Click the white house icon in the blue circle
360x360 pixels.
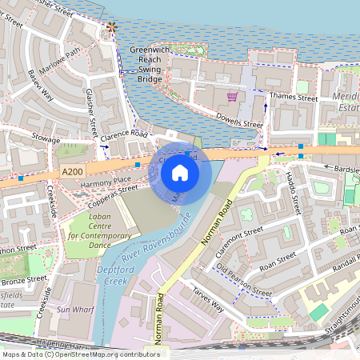(x=180, y=173)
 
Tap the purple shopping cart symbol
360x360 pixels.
(x=232, y=97)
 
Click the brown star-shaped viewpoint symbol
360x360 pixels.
(x=111, y=28)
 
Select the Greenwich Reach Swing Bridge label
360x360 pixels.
(x=150, y=65)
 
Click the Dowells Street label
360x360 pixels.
(x=239, y=120)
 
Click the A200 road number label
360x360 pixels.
(x=72, y=172)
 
